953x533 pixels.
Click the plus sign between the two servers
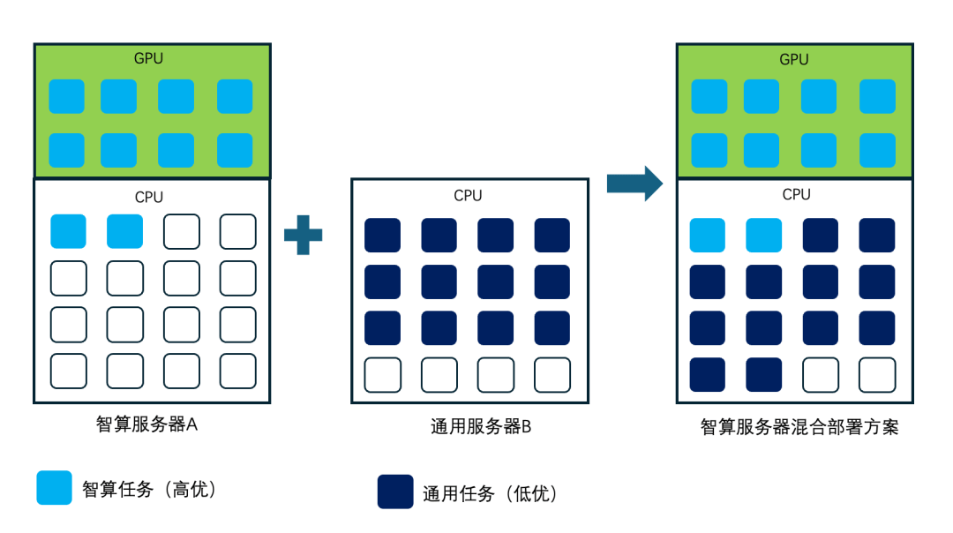[304, 235]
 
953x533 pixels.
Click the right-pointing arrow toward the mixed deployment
[634, 183]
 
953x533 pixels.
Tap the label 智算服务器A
[146, 424]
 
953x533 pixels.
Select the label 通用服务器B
[480, 427]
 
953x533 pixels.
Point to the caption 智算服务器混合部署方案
[799, 428]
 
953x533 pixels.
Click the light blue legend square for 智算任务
[54, 487]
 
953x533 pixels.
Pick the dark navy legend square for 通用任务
[395, 492]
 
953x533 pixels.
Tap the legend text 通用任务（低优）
[490, 493]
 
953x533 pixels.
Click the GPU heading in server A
[148, 58]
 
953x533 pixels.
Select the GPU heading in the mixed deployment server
[794, 59]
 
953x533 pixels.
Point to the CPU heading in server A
[148, 197]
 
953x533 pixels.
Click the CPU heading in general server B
[468, 195]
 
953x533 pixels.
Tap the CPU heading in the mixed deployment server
[796, 194]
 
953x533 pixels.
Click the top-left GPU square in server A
[66, 96]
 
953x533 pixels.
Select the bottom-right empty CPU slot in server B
[552, 374]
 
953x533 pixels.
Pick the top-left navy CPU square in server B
[382, 236]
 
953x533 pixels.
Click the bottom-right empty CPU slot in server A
[237, 371]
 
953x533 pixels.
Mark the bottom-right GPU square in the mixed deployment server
[877, 150]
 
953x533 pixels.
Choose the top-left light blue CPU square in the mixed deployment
[707, 236]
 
